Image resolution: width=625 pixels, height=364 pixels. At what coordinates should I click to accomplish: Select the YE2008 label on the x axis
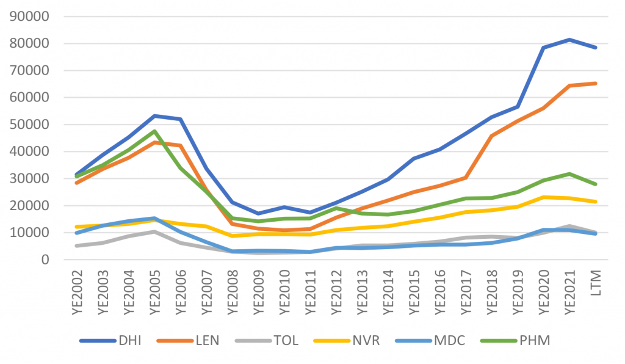click(233, 292)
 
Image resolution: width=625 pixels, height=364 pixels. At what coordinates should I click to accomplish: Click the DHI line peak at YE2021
click(568, 40)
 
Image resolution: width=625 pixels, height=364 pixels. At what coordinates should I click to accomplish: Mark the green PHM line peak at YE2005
click(154, 131)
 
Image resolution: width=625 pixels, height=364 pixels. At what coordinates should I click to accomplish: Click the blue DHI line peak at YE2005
click(154, 115)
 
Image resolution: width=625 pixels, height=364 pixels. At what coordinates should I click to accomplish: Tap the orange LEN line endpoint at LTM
click(594, 83)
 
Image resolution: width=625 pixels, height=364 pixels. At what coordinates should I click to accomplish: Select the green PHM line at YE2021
click(568, 174)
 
